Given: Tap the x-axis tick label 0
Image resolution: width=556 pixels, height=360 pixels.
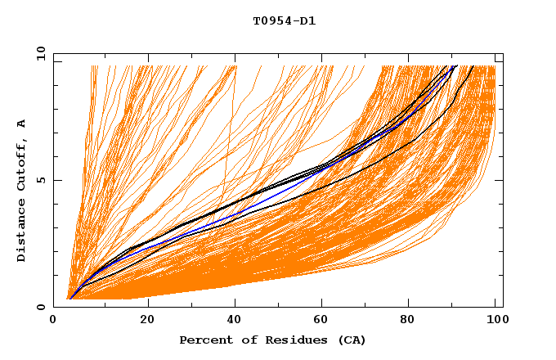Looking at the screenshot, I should [x=54, y=321].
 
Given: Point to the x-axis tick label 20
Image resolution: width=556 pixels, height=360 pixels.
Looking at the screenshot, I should [x=147, y=321].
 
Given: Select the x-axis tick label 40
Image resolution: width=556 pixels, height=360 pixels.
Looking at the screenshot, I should [x=235, y=321].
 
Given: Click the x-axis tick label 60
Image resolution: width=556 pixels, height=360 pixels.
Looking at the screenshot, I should [x=324, y=321].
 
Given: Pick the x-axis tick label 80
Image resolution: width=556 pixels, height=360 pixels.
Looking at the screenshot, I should [x=412, y=321].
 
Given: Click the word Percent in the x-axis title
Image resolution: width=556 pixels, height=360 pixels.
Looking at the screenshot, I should [x=204, y=340].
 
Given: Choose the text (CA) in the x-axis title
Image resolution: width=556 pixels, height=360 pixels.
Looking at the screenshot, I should [x=352, y=340].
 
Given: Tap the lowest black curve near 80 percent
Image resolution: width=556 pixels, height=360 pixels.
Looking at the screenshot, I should [x=413, y=141].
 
